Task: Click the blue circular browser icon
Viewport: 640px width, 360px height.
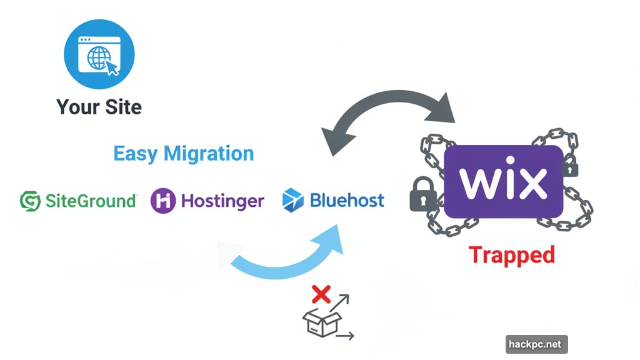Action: (x=99, y=54)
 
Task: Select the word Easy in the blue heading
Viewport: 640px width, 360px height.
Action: (x=136, y=153)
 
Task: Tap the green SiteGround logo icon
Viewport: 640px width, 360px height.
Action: (x=30, y=201)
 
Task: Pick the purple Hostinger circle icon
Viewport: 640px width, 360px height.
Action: (x=163, y=201)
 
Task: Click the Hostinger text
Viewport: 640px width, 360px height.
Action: (x=222, y=201)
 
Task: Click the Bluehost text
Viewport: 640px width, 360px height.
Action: (x=347, y=201)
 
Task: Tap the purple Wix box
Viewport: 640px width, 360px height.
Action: (x=504, y=181)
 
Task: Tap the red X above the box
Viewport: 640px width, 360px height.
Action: (x=321, y=294)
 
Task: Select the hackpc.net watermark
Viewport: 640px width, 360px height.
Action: (x=536, y=344)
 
